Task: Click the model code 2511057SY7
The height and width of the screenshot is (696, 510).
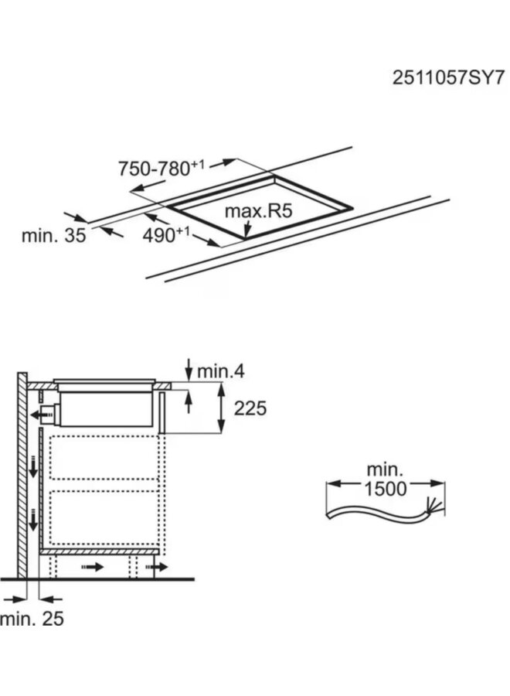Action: click(x=448, y=78)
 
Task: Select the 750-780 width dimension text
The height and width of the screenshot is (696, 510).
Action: click(x=161, y=169)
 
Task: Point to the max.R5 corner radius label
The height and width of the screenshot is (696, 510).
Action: click(x=259, y=211)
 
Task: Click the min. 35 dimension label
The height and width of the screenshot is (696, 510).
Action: click(x=53, y=235)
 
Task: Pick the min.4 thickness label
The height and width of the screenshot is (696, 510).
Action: click(x=221, y=370)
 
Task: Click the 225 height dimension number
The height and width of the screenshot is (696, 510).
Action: click(x=250, y=408)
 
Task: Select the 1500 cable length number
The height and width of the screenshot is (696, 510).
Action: click(x=386, y=489)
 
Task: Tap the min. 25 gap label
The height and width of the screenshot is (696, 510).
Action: click(x=32, y=619)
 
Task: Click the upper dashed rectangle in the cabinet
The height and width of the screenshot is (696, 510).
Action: click(x=104, y=458)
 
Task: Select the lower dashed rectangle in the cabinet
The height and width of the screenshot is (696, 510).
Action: click(x=104, y=517)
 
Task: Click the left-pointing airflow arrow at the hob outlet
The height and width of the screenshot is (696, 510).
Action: click(x=41, y=415)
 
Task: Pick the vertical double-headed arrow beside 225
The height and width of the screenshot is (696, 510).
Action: click(x=221, y=408)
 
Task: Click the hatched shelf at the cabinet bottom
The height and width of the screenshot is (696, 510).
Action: click(x=100, y=551)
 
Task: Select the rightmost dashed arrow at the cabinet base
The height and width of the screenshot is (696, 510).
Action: click(x=157, y=567)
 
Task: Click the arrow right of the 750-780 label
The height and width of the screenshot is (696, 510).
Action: click(x=223, y=163)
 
